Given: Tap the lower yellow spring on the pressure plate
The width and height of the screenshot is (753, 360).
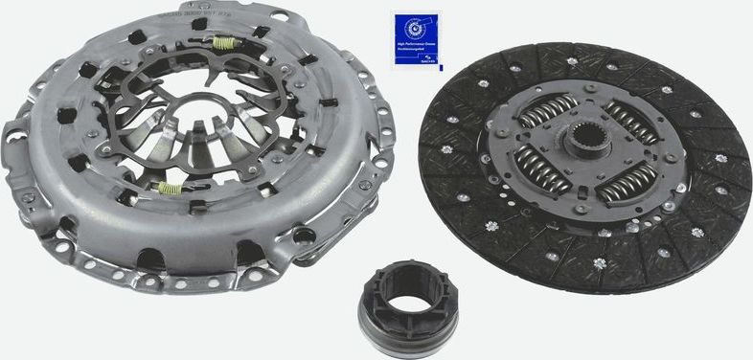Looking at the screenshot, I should tap(170, 187).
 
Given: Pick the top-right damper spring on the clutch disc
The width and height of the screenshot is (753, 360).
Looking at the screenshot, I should tap(629, 122).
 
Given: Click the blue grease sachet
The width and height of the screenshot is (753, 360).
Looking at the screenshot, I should tap(415, 41).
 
